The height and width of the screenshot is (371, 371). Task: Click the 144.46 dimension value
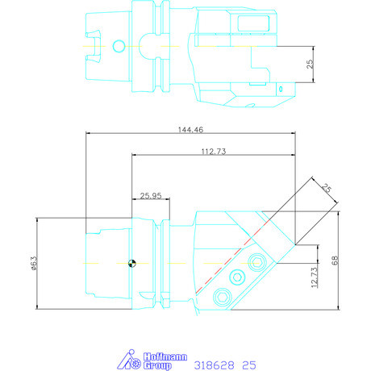pos(190,130)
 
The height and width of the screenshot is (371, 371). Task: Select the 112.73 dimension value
pos(214,152)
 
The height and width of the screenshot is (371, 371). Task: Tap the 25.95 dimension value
pos(151,196)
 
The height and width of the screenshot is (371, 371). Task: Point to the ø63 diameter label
pos(34,263)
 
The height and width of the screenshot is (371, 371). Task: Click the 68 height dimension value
pos(335,261)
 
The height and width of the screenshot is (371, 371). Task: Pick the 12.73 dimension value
pos(314,277)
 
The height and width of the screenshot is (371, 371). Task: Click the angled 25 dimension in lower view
pos(327,188)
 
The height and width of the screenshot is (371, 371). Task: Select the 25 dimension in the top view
pos(310,64)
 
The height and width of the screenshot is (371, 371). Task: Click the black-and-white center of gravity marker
pos(131,263)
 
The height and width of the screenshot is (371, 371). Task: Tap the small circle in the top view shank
pos(119,46)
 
